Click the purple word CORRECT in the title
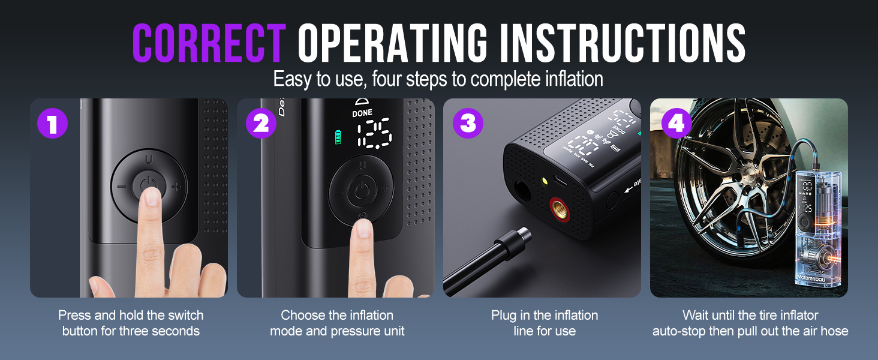point(208,43)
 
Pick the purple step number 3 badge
point(468,123)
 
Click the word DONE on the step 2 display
point(362,113)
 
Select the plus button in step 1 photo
point(176,187)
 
